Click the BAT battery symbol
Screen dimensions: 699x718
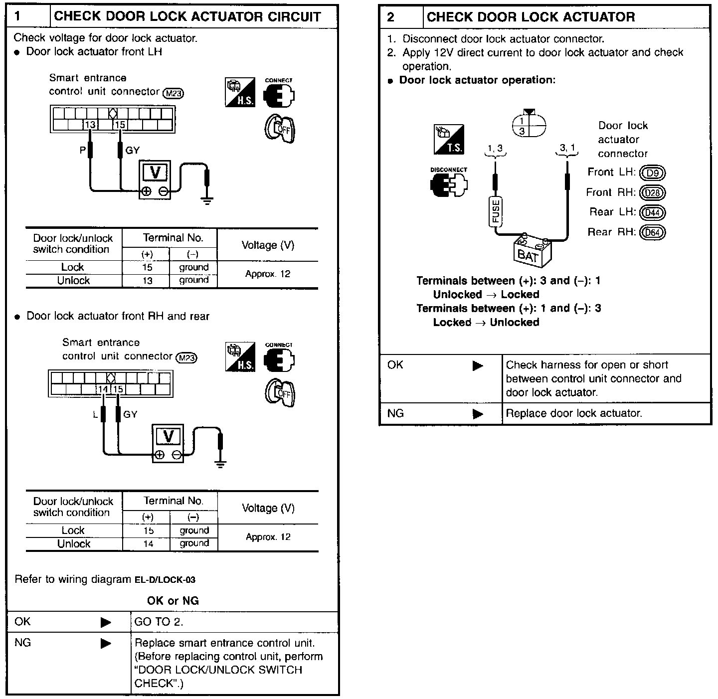(532, 251)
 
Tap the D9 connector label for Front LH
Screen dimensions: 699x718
(652, 173)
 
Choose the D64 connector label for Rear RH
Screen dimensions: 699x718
(652, 232)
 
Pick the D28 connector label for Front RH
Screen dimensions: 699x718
(652, 193)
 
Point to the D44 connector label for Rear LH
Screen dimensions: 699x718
(652, 213)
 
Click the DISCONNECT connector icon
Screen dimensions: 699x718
(449, 183)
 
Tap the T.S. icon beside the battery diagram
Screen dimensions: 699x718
(449, 139)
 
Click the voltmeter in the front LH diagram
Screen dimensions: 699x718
(155, 180)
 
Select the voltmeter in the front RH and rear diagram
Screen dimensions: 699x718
(168, 444)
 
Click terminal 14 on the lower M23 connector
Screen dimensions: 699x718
(103, 389)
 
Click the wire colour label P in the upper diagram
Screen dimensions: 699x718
(83, 150)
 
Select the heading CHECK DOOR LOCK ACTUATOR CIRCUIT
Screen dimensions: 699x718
(187, 16)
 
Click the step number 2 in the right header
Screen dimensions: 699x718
(391, 17)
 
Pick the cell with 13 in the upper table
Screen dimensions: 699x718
(147, 281)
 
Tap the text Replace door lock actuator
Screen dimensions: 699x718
(574, 413)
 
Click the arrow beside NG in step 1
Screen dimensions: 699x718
(106, 644)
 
